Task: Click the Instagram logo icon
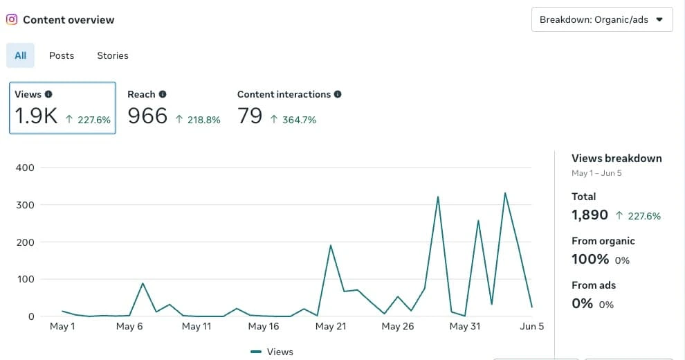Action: (12, 19)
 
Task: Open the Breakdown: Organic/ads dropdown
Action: (601, 19)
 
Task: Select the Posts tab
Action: (62, 55)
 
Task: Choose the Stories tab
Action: (112, 55)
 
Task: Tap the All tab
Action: (20, 55)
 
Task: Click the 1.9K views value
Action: (36, 116)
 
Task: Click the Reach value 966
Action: (147, 116)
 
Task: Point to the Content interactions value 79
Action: (250, 116)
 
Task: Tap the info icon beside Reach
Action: (163, 94)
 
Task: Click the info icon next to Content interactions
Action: (338, 94)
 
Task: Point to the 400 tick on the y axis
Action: (26, 168)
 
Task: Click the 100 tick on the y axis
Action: (26, 279)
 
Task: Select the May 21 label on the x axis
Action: (330, 326)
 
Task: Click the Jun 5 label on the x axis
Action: (531, 326)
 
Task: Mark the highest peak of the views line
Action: (505, 193)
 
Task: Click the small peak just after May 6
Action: (143, 283)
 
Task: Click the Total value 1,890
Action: (590, 215)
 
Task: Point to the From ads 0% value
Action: (582, 303)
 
